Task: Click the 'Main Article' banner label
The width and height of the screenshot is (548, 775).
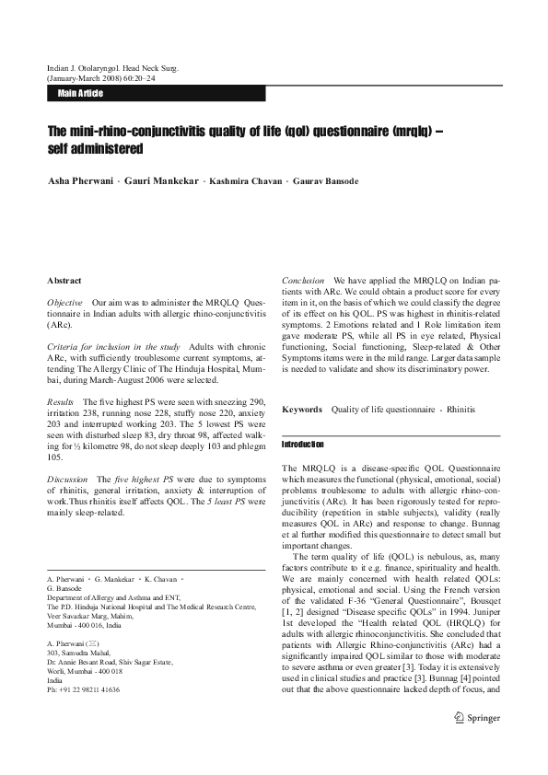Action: pos(80,93)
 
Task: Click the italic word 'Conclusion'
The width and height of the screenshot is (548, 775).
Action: pos(303,280)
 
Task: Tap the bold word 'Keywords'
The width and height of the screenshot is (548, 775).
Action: pos(302,409)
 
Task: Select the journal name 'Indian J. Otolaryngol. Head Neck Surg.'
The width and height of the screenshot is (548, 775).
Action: pos(112,67)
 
